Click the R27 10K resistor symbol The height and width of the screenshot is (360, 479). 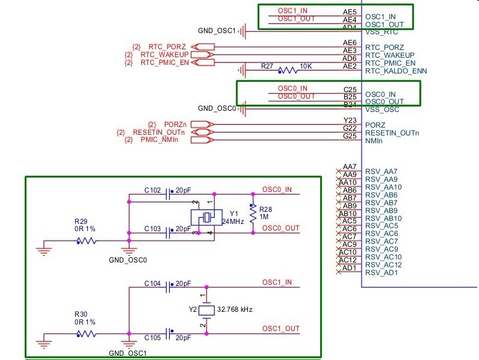(288, 71)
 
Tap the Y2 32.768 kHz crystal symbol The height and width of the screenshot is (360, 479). (206, 310)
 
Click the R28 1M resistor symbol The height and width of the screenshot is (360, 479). (253, 213)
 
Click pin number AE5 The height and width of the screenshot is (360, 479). (350, 11)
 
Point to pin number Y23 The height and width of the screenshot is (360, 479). (350, 120)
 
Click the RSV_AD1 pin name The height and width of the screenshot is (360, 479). (382, 273)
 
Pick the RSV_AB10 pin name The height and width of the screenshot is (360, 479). (384, 219)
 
